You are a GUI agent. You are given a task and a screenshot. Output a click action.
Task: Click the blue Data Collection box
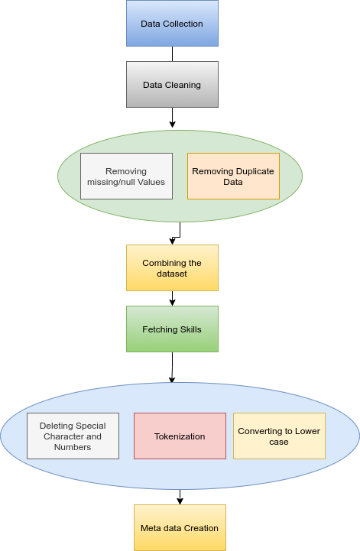(x=172, y=23)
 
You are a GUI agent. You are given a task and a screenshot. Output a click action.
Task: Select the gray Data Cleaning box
(x=172, y=84)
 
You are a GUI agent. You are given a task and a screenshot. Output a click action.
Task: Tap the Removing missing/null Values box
(x=127, y=176)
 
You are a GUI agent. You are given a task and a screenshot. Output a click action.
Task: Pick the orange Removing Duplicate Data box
(x=233, y=176)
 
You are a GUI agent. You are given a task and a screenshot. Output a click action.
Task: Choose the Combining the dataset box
(x=172, y=267)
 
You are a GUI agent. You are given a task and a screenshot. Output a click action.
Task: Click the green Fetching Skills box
(x=172, y=329)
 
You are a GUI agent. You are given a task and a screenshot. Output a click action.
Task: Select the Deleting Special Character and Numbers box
(x=73, y=436)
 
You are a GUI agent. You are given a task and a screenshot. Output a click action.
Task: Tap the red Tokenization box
(x=180, y=436)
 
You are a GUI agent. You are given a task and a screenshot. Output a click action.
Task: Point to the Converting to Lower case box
(x=280, y=436)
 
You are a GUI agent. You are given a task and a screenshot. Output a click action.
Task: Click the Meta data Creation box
(x=180, y=528)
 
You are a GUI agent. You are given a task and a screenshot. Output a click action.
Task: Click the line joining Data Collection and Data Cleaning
(x=172, y=53)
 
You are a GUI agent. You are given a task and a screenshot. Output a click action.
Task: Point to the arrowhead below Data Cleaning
(x=172, y=125)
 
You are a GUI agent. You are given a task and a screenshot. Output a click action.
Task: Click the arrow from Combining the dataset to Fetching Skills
(x=172, y=298)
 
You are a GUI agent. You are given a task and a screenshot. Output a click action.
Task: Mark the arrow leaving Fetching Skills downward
(x=172, y=368)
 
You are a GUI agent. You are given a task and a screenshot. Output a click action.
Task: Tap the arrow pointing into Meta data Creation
(x=180, y=497)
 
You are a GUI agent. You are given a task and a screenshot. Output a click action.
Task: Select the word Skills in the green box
(x=191, y=329)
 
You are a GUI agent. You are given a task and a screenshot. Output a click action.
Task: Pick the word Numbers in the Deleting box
(x=73, y=447)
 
